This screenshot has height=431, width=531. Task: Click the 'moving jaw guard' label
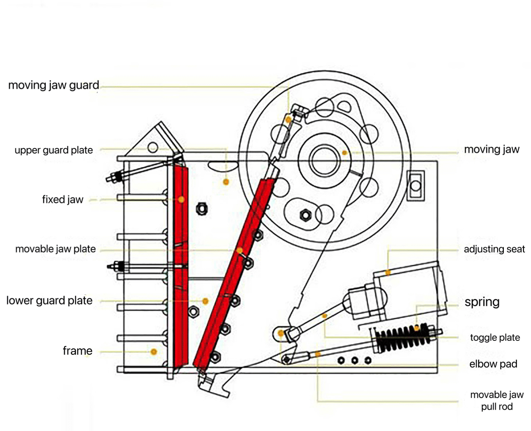pos(54,85)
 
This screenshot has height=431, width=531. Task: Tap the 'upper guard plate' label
pos(54,150)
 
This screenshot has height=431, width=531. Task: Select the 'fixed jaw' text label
pos(63,200)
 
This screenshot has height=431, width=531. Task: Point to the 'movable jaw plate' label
pos(55,249)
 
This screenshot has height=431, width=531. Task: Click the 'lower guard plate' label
pos(50,300)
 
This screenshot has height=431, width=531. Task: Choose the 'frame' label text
pos(77,351)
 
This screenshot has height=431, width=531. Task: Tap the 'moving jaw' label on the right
pos(492,150)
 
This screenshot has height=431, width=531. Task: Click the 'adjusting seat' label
pos(494,249)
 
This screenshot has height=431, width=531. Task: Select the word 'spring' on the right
pos(482,302)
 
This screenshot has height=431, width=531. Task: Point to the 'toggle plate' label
pos(495,337)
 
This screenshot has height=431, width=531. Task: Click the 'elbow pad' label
pos(493,364)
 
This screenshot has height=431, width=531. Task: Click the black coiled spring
pos(403,338)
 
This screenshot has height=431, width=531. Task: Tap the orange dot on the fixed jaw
pos(181,200)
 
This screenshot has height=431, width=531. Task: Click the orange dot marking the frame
pos(154,352)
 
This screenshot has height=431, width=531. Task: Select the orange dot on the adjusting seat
pos(388,273)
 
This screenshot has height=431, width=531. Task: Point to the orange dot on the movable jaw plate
pos(240,250)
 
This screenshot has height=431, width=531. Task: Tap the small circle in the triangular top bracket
pos(153,147)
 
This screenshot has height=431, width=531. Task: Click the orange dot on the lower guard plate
pos(206,301)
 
